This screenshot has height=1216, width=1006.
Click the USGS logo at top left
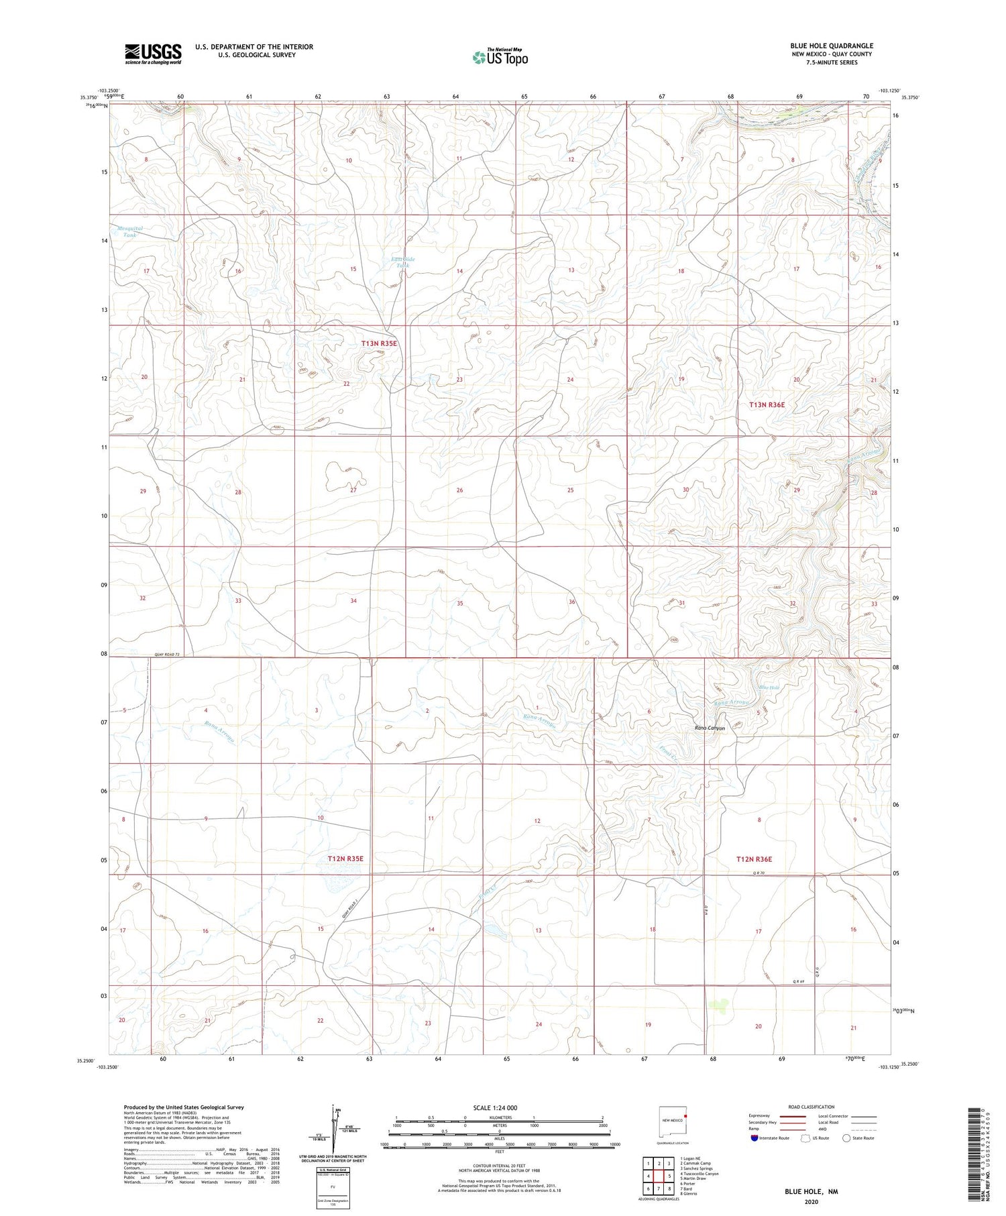[153, 54]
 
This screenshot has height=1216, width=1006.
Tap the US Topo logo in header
[500, 57]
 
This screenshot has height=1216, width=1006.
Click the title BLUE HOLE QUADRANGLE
[831, 46]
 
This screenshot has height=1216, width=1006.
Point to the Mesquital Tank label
[129, 231]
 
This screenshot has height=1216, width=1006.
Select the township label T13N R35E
[379, 343]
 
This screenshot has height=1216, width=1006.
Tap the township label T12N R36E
[754, 859]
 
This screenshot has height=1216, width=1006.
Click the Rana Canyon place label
[710, 728]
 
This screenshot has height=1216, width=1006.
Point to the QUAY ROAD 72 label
[168, 654]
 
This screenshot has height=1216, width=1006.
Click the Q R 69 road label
[798, 982]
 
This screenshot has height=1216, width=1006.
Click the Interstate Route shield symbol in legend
[754, 1138]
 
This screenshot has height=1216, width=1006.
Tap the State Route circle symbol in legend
[846, 1138]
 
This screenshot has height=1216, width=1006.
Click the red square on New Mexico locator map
[685, 1117]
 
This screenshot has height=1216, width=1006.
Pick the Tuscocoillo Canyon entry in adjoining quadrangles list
[699, 1174]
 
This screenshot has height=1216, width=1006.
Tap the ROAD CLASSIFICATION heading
[812, 1107]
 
